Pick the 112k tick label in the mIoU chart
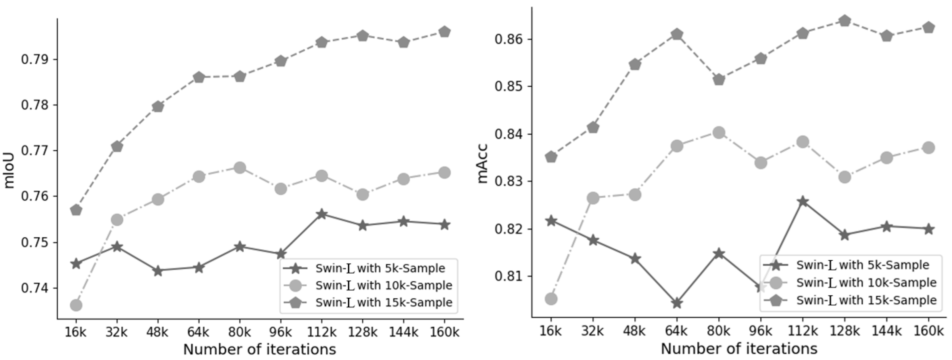point(321,332)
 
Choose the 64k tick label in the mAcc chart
point(676,331)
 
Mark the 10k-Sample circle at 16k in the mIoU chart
point(76,305)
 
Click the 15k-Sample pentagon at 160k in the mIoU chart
point(444,32)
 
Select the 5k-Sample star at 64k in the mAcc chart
point(677,303)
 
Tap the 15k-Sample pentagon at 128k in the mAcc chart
point(844,21)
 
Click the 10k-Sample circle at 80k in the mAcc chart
point(719,133)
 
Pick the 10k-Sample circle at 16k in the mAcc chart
point(551,299)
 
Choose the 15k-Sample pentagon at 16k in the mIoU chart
point(76,210)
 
